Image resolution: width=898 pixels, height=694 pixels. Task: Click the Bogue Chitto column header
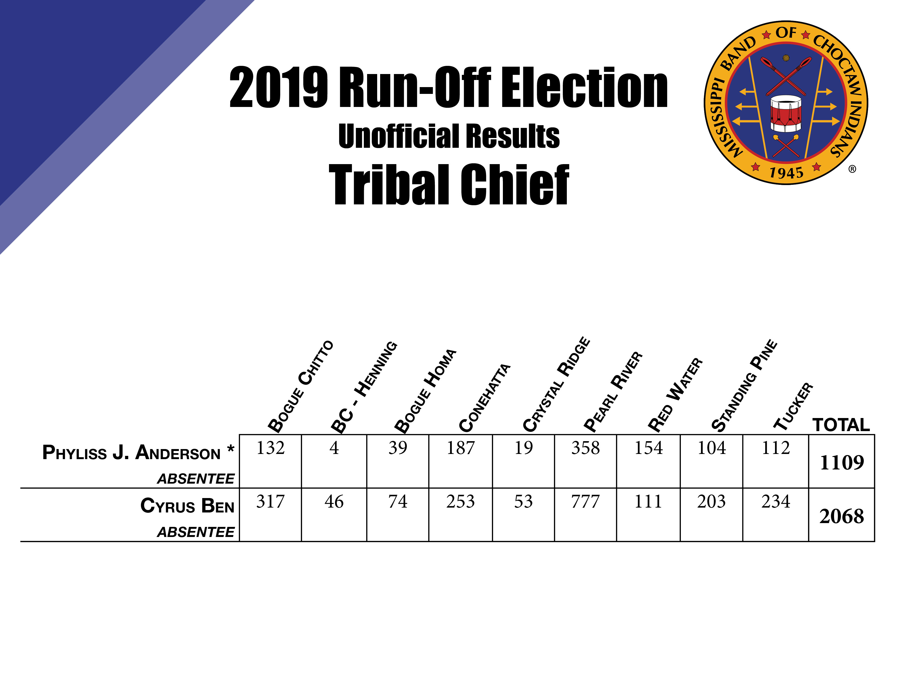[x=300, y=386]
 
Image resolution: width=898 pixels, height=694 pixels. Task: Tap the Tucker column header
[x=793, y=406]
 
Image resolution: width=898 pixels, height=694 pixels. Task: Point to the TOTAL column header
[x=841, y=425]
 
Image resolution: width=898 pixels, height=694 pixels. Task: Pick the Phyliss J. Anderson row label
[x=132, y=453]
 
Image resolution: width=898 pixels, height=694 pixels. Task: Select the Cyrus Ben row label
[x=187, y=506]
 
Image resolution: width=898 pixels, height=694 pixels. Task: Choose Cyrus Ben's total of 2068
[x=841, y=516]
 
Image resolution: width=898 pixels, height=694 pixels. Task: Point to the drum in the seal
[x=786, y=114]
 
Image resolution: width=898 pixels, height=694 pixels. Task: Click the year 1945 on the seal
[x=786, y=173]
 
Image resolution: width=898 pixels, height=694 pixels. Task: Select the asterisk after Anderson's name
[x=231, y=449]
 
